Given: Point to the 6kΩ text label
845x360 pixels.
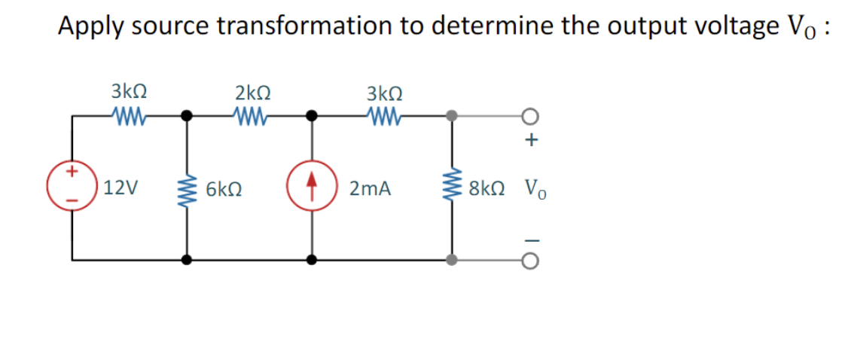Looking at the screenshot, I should point(224,188).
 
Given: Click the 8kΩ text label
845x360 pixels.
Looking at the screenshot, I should point(486,188).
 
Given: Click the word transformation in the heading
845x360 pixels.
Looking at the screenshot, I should point(315,26).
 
